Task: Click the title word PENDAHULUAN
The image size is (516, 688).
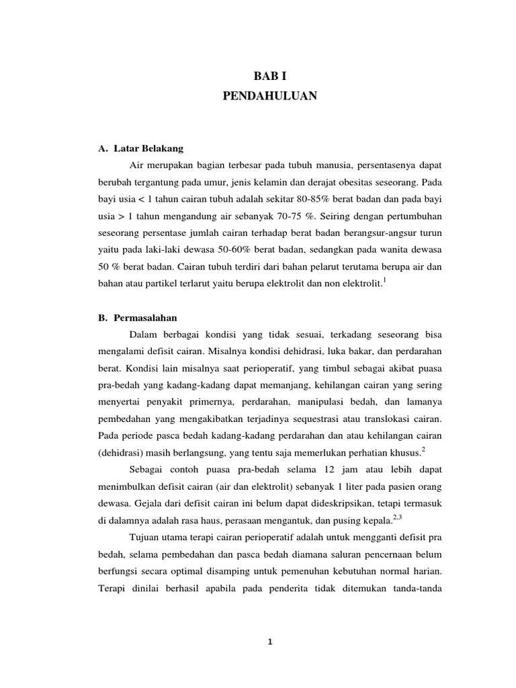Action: coord(269,96)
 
